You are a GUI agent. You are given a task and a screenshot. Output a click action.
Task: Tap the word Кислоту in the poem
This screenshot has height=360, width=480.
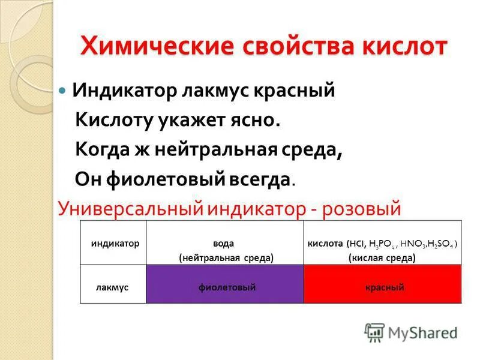click(115, 120)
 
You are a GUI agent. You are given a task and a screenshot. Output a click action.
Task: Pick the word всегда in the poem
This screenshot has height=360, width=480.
click(264, 179)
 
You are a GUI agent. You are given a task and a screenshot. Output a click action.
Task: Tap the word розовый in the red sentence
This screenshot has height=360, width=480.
click(361, 208)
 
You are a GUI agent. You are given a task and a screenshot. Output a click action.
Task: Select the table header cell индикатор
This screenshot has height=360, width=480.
click(115, 244)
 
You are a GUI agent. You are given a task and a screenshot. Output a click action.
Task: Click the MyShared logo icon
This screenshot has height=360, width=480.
click(374, 332)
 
